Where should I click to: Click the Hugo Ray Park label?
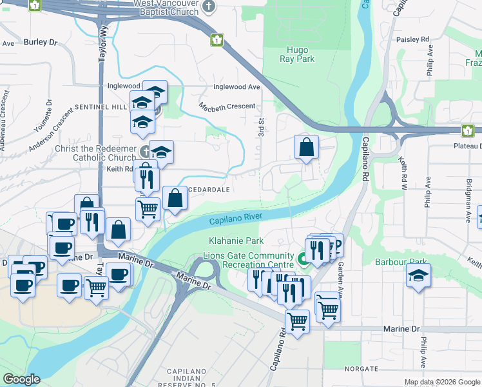(297, 54)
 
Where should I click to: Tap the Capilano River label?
(235, 219)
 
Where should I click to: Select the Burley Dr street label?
(41, 42)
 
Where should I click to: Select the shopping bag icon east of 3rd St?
(307, 146)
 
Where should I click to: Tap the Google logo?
(21, 379)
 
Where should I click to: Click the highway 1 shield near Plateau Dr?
(467, 131)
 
